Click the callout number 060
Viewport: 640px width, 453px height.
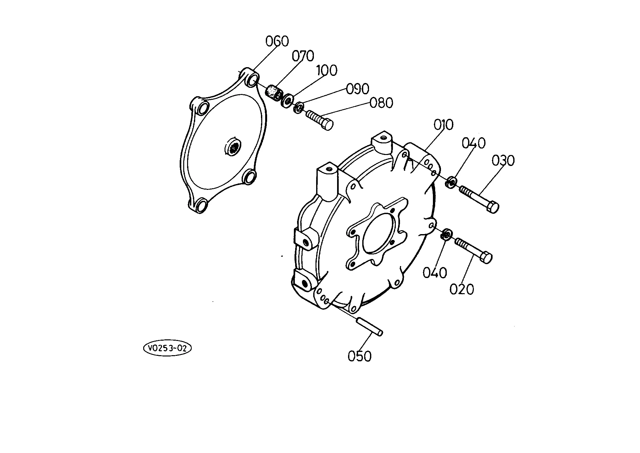277,41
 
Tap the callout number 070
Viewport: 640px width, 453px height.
303,56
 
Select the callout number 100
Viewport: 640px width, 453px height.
327,70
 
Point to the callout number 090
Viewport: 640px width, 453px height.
357,89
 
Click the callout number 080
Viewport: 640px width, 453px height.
381,103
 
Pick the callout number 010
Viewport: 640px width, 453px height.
443,125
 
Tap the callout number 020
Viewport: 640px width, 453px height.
462,289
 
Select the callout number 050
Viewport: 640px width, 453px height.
360,356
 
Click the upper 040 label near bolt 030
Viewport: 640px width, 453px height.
474,143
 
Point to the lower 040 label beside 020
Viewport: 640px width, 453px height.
435,273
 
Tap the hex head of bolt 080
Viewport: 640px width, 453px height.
327,124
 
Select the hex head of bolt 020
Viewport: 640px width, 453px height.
486,258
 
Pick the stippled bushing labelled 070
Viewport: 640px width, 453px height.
274,93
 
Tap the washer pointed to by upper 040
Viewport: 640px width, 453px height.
451,182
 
